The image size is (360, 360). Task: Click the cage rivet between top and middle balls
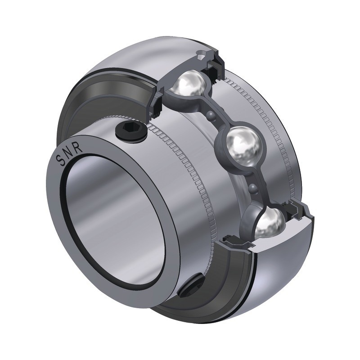211,116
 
